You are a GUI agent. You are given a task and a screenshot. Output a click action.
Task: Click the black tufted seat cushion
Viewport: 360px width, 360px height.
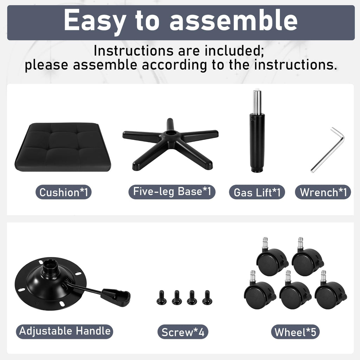[63, 147]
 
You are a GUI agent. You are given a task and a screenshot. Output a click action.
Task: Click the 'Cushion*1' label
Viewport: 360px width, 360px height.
[64, 192]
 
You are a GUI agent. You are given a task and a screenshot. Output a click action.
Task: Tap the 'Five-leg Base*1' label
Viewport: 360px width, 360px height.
[172, 192]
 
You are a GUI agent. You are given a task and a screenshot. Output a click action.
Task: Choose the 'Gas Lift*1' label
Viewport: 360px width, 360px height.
[257, 192]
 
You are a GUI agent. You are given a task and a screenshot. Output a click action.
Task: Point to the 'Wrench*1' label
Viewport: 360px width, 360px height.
[323, 192]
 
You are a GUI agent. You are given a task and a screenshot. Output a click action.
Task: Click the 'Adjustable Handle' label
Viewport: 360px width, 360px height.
[65, 331]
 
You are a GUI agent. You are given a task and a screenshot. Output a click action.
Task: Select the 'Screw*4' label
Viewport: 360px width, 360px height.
[183, 332]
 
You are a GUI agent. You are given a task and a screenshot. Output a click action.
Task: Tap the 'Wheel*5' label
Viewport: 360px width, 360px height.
[295, 332]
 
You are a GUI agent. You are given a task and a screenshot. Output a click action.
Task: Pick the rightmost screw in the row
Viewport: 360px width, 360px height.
[207, 297]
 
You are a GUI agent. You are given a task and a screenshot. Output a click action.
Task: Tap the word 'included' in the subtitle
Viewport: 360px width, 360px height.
[234, 51]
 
